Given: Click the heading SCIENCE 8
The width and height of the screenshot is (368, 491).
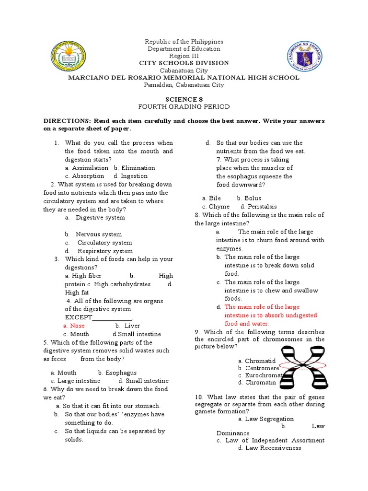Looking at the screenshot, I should point(184,99).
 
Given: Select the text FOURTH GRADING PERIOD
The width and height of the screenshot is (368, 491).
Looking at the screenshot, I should point(184,106).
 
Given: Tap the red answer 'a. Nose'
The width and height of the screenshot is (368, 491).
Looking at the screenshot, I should point(74,326).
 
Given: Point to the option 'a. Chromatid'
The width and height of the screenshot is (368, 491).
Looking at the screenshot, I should point(257,361).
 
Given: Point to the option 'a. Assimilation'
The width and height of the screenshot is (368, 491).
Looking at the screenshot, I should point(86,168).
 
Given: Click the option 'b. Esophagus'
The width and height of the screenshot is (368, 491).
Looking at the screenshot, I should point(117,373).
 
